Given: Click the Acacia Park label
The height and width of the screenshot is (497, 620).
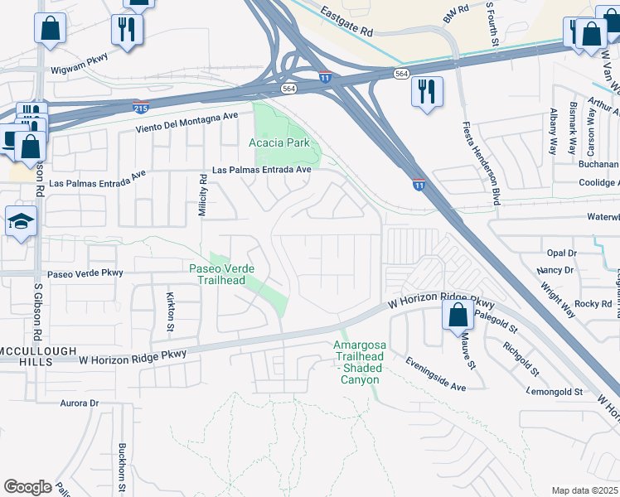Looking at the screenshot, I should pyautogui.click(x=279, y=142).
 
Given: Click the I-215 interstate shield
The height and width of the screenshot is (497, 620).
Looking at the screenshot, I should pyautogui.click(x=141, y=108).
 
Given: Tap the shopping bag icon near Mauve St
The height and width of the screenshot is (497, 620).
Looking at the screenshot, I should pyautogui.click(x=457, y=316).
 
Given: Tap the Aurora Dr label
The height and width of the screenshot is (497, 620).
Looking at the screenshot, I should pyautogui.click(x=80, y=403).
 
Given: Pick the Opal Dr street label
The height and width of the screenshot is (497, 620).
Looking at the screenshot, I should pyautogui.click(x=560, y=253).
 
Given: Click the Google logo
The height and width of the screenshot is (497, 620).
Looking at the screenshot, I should pyautogui.click(x=28, y=487).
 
